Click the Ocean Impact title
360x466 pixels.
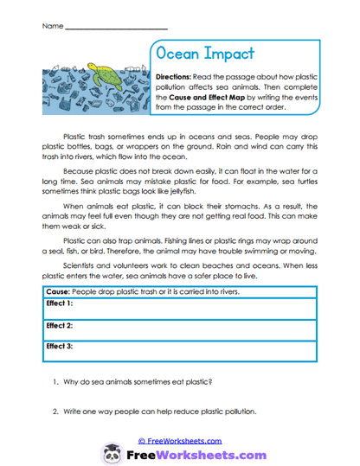tap(206, 54)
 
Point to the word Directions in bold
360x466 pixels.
tap(178, 77)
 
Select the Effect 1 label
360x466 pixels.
tap(59, 304)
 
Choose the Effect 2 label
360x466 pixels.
tap(59, 325)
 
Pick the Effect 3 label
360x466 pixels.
tap(59, 346)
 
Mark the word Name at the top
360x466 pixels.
tap(49, 27)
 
